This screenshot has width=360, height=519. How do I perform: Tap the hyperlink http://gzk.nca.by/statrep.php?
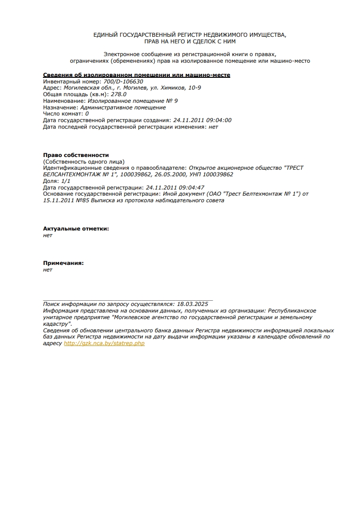tap(104, 344)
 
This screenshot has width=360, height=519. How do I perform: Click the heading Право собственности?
tap(76, 155)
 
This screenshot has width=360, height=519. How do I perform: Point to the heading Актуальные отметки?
tap(76, 229)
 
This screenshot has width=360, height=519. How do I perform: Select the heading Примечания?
tap(63, 263)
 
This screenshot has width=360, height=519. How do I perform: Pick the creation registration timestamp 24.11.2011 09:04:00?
tap(202, 120)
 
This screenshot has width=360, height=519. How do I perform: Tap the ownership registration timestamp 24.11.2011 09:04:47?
tap(175, 188)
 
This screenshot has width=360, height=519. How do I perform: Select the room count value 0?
tap(87, 114)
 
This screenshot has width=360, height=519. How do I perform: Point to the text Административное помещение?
tap(123, 107)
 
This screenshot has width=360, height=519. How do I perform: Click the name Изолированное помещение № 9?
tap(133, 101)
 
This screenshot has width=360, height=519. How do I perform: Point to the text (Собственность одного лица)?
tap(84, 162)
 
